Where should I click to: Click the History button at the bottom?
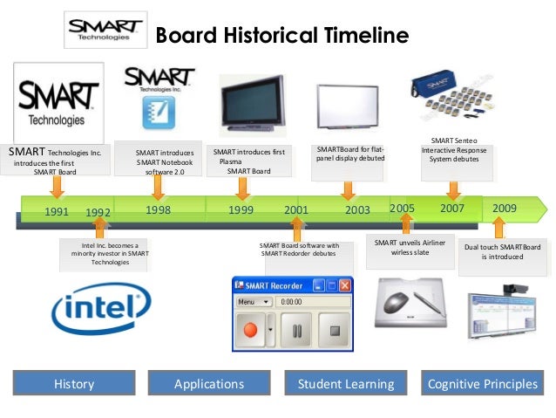(74, 384)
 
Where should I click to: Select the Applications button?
(209, 384)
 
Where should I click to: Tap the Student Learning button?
(345, 384)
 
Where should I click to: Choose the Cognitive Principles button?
(480, 384)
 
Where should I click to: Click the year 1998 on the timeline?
(158, 210)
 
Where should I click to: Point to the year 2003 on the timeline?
(358, 210)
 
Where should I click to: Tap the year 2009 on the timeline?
(505, 209)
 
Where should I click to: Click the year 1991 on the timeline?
(57, 211)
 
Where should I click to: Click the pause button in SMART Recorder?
(296, 332)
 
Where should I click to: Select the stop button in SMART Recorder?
(333, 332)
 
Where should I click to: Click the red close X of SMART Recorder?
(344, 284)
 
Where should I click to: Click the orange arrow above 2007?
(452, 188)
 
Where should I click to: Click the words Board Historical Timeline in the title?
(281, 36)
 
